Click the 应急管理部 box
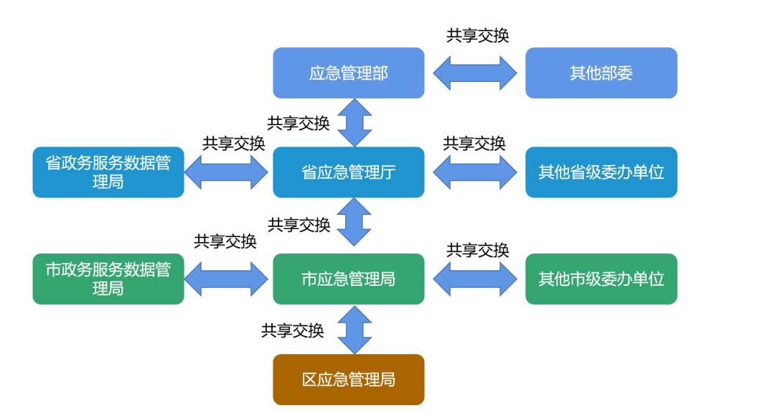pyautogui.click(x=348, y=73)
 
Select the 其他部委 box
pyautogui.click(x=601, y=73)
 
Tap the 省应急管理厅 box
pyautogui.click(x=348, y=172)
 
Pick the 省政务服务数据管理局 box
pyautogui.click(x=108, y=172)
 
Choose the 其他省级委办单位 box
pyautogui.click(x=601, y=172)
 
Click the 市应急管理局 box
pyautogui.click(x=348, y=279)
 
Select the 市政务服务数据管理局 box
pyautogui.click(x=108, y=279)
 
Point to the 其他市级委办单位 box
pyautogui.click(x=601, y=279)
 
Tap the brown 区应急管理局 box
pyautogui.click(x=348, y=379)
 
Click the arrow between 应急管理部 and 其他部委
pyautogui.click(x=475, y=73)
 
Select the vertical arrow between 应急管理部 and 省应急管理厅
pyautogui.click(x=354, y=123)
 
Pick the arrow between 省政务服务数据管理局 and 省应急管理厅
pyautogui.click(x=226, y=172)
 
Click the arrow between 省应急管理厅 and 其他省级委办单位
pyautogui.click(x=475, y=172)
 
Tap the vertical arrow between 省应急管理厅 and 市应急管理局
pyautogui.click(x=354, y=222)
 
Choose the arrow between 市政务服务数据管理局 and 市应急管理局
pyautogui.click(x=226, y=279)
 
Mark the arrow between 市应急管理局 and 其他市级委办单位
pyautogui.click(x=475, y=279)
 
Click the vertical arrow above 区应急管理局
pyautogui.click(x=354, y=330)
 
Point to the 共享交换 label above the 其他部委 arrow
pyautogui.click(x=478, y=36)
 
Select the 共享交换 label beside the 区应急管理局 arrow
pyautogui.click(x=292, y=330)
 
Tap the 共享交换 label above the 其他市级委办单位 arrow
pyautogui.click(x=478, y=250)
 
